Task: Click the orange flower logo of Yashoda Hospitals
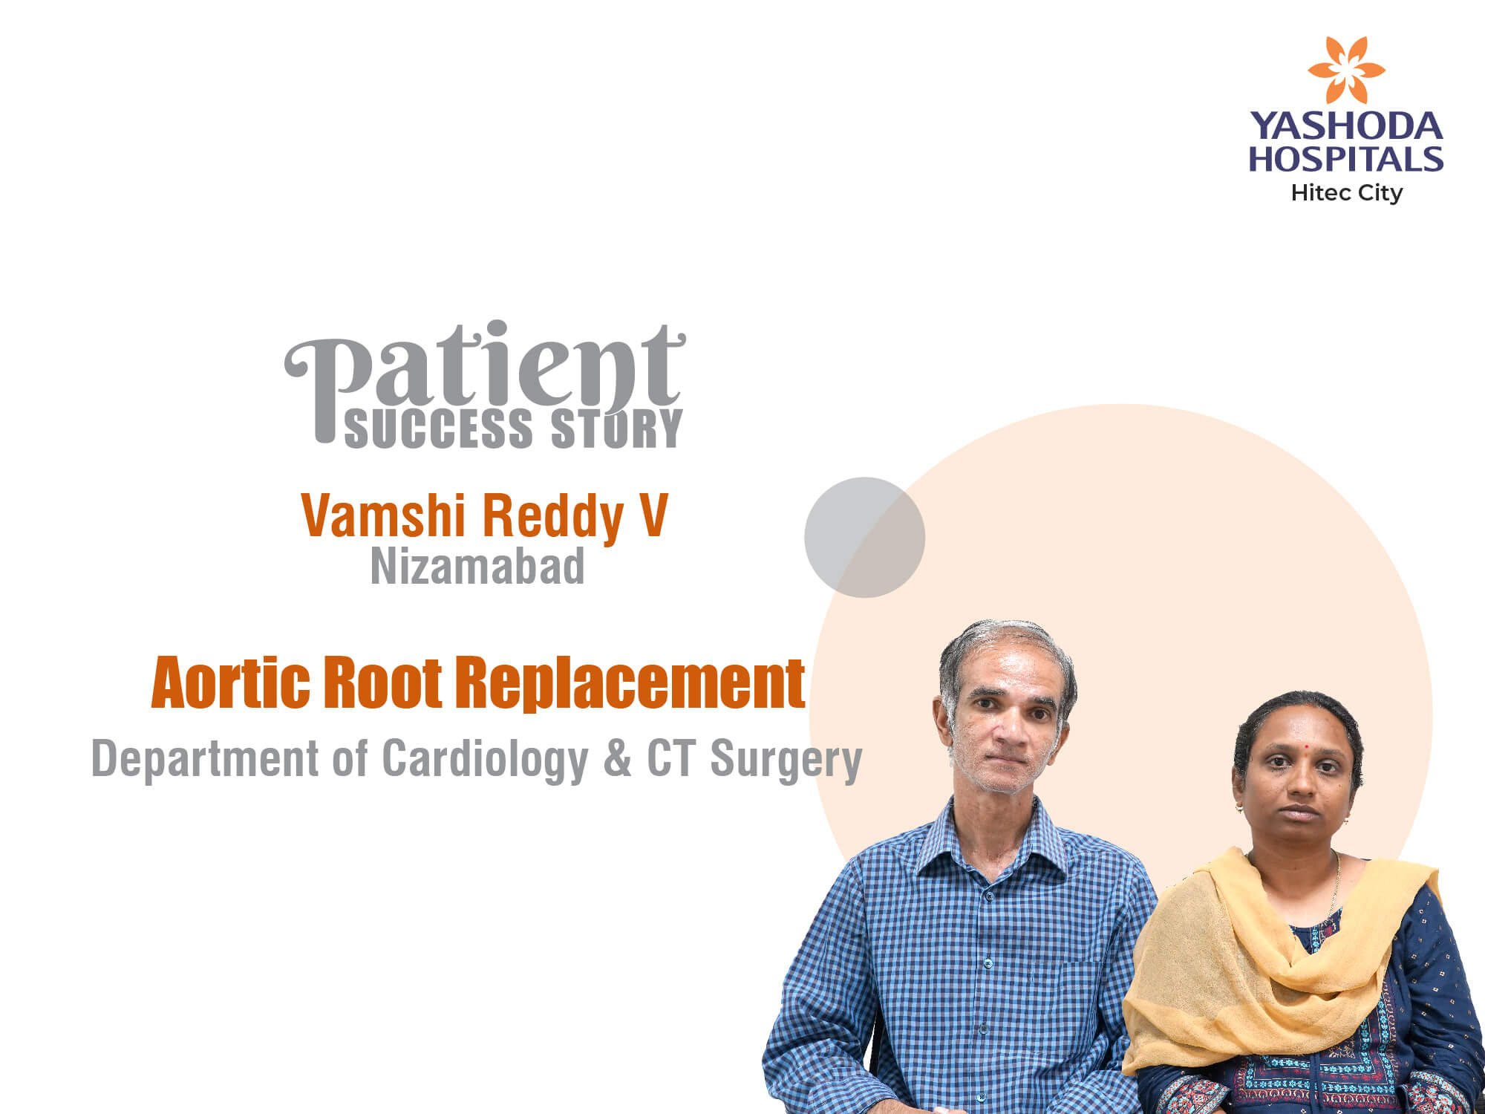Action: [1345, 70]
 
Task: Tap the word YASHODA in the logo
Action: [1346, 126]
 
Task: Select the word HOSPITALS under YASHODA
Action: [1346, 159]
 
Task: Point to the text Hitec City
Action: [1347, 193]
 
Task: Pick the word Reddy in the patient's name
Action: [552, 518]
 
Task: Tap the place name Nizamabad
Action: [477, 567]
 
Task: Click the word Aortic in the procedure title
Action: [231, 682]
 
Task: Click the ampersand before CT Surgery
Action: [617, 758]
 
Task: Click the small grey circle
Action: [864, 537]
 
